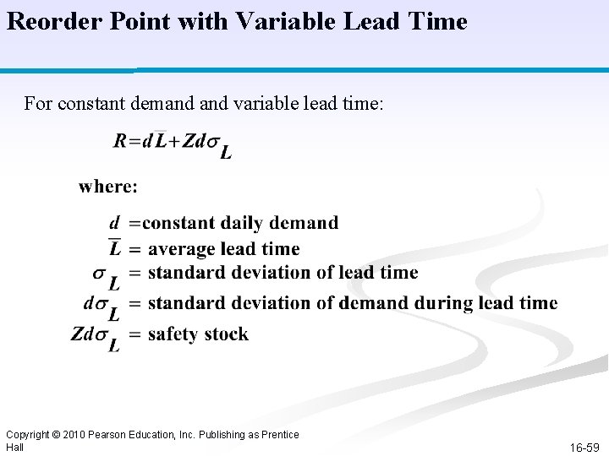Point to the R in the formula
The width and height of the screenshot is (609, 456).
[x=120, y=141]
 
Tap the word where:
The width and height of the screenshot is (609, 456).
[x=108, y=186]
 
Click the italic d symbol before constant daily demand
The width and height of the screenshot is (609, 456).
[x=114, y=223]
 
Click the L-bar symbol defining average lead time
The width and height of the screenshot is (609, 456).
[x=115, y=248]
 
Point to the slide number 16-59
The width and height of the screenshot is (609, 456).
[x=584, y=447]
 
